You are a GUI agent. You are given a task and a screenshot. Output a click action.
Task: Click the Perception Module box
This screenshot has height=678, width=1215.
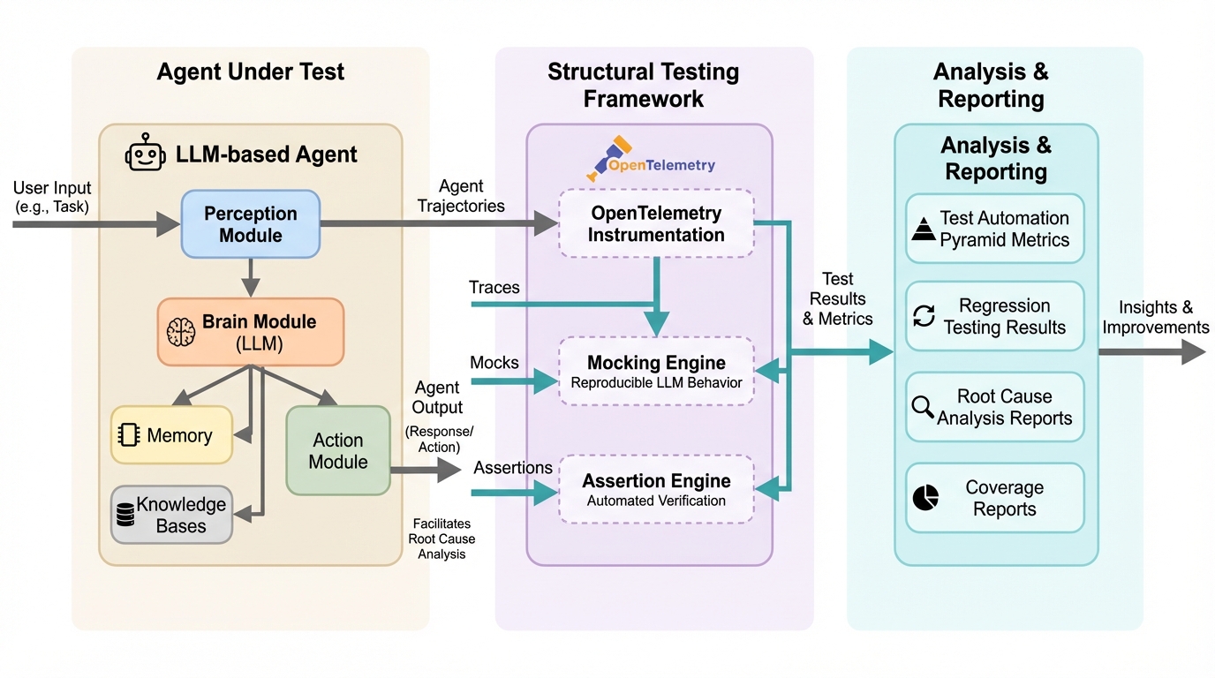point(250,224)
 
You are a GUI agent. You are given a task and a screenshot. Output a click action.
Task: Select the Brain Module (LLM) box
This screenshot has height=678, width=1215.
point(251,332)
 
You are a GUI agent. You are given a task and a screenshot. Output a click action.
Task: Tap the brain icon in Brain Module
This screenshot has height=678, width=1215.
point(181,332)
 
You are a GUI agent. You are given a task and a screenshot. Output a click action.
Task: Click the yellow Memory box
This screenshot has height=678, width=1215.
point(171,435)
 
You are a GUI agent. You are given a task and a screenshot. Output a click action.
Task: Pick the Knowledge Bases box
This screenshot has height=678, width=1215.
point(171,515)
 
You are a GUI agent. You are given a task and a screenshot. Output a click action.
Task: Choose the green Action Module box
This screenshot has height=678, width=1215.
point(338,450)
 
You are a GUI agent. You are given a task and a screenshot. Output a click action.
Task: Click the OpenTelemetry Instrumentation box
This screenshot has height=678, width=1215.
point(656,224)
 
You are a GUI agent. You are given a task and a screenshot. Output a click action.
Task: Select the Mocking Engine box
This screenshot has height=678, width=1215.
point(656,371)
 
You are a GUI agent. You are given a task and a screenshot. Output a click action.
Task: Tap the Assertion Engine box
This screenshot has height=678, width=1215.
point(656,489)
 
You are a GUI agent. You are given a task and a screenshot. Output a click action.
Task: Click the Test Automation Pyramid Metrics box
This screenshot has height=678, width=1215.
point(995,229)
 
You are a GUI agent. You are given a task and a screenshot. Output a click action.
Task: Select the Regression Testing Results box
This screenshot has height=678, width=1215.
point(995,316)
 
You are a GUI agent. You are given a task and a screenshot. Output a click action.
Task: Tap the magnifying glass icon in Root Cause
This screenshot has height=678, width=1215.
point(923,407)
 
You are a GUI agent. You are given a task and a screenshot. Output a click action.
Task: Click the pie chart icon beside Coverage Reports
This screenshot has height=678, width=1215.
point(924,498)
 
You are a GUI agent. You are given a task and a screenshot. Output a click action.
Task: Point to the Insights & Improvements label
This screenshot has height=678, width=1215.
point(1155,317)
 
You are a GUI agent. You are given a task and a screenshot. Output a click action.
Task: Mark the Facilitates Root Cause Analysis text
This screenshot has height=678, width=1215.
point(441,539)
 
